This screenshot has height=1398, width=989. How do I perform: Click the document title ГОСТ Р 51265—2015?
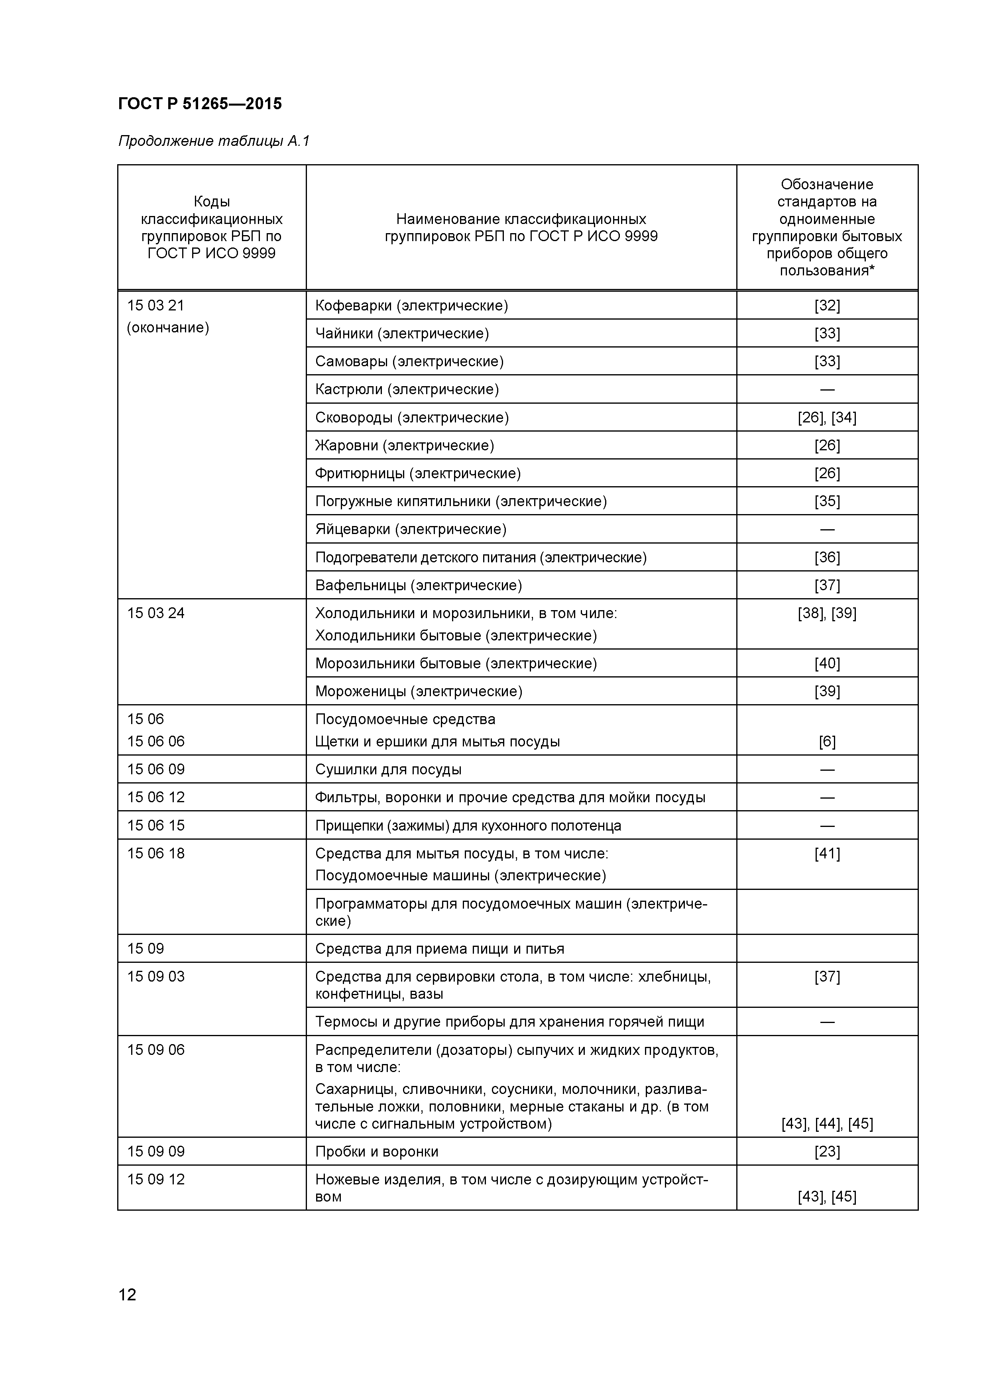200,104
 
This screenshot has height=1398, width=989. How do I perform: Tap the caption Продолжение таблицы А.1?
214,141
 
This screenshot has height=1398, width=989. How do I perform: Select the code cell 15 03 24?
156,613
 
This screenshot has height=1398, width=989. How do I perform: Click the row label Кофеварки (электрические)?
411,306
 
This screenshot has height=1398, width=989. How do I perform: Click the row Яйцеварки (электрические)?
411,529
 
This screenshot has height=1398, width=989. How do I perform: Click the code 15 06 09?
156,770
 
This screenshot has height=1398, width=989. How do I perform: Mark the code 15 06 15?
156,826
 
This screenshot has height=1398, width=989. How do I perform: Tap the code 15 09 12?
156,1179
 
